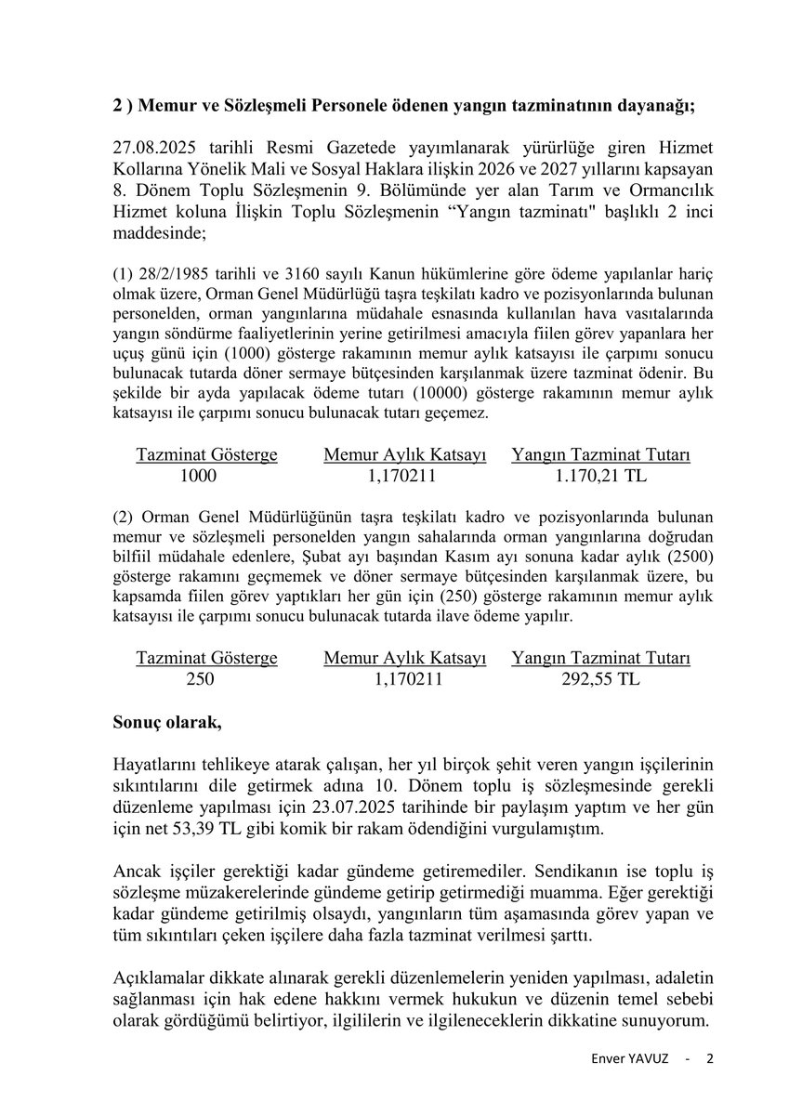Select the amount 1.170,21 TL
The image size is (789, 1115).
point(600,477)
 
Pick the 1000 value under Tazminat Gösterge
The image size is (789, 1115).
point(199,477)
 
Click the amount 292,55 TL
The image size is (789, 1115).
point(600,679)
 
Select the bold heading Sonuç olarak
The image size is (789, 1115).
point(167,721)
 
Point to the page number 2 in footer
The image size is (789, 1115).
point(710,1059)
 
